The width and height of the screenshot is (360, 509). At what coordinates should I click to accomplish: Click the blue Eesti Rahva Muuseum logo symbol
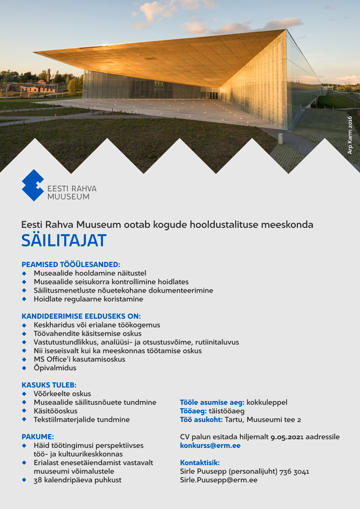pos(33,185)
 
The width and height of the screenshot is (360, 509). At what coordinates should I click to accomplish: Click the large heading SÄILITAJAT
pos(64,240)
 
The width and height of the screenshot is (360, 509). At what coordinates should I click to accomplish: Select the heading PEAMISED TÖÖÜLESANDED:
pos(71,265)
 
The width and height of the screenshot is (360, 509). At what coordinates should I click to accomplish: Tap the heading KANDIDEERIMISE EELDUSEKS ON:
pos(81,316)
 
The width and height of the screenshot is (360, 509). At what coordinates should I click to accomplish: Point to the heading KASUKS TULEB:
pos(49,385)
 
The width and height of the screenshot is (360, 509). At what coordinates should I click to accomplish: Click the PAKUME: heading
pos(38,437)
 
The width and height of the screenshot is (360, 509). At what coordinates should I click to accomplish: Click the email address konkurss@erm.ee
pos(210,445)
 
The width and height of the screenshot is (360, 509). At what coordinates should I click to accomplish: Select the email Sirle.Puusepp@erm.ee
pos(218,480)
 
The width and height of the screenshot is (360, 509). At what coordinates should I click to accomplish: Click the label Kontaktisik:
pos(200,463)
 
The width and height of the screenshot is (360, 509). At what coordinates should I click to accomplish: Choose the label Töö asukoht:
pos(201,419)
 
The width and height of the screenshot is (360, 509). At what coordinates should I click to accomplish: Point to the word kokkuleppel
pos(267,402)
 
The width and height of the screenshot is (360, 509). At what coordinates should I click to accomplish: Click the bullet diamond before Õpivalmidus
pos(24,368)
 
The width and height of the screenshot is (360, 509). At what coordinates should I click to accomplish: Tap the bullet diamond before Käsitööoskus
pos(24,411)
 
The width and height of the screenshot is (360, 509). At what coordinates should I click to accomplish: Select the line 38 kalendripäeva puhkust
pos(77,480)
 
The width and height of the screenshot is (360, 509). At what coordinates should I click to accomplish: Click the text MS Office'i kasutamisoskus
pos(79,359)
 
